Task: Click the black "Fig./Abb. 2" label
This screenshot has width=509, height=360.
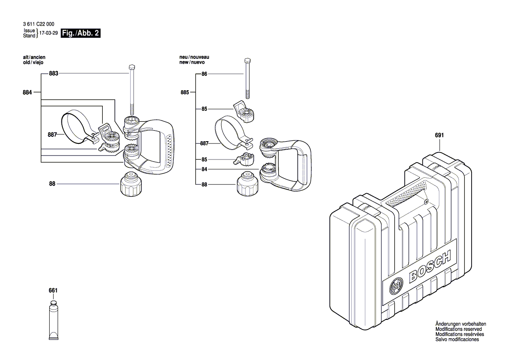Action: (x=81, y=33)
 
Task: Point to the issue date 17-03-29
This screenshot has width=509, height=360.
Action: (x=49, y=34)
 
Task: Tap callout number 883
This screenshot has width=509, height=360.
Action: (x=53, y=74)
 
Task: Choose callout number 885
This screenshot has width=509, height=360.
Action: (x=185, y=92)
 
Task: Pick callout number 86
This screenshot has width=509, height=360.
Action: (x=204, y=75)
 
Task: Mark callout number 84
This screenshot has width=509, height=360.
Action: (x=204, y=169)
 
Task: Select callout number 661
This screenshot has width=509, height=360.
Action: (x=53, y=290)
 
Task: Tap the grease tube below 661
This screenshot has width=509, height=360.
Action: (x=53, y=320)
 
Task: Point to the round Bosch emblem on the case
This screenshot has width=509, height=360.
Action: (x=397, y=286)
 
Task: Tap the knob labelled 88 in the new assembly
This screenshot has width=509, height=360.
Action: (x=246, y=185)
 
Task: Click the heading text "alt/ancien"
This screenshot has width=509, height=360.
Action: (x=34, y=58)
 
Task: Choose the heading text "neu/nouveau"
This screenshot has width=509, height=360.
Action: (x=194, y=58)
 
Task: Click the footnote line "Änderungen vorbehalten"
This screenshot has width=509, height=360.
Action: (x=461, y=324)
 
